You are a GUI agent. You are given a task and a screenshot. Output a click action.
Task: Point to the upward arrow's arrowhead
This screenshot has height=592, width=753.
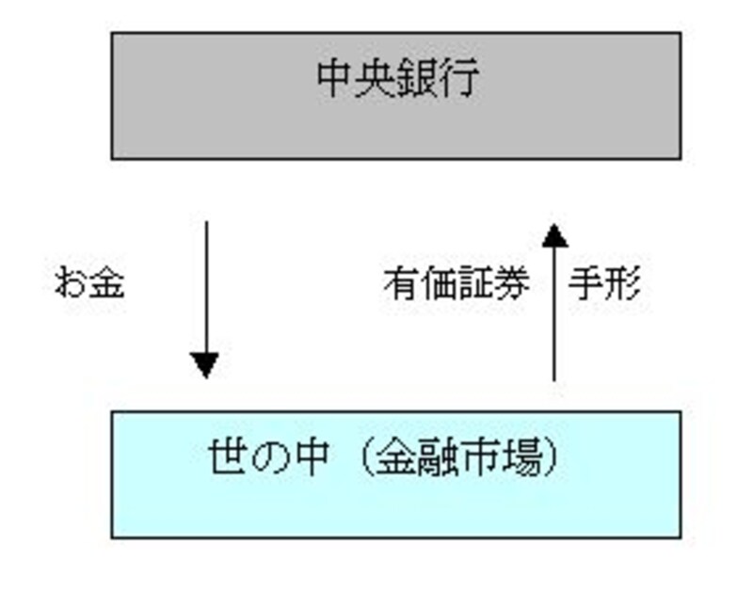coord(554,234)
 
